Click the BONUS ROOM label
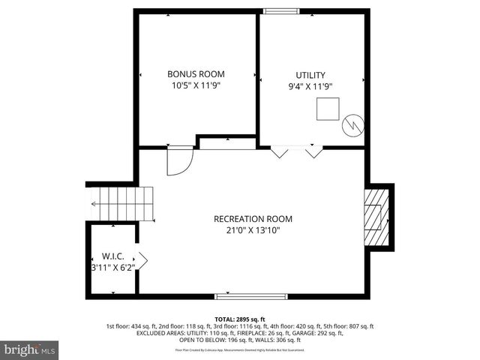[196, 74]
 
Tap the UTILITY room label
[310, 74]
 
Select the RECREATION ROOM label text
[253, 219]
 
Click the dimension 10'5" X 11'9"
[196, 85]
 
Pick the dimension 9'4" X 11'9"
[310, 85]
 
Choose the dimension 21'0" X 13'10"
[253, 230]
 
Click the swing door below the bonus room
[179, 160]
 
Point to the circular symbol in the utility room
[352, 125]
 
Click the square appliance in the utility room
[327, 109]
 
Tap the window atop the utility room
[280, 10]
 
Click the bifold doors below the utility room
[296, 152]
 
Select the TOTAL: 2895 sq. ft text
[240, 319]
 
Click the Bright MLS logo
[29, 349]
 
